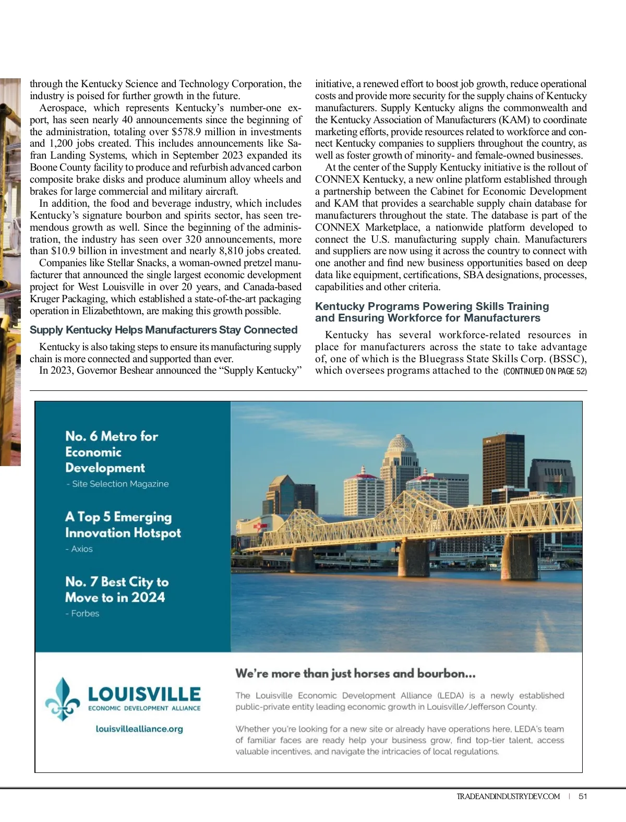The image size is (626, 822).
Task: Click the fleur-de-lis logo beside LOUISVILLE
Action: pyautogui.click(x=63, y=699)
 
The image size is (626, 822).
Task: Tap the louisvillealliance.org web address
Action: pyautogui.click(x=139, y=729)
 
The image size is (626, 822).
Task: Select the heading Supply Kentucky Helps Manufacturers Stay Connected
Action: pyautogui.click(x=163, y=330)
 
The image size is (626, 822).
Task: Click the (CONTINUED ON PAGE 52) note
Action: pyautogui.click(x=545, y=371)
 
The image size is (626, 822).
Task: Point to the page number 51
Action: pyautogui.click(x=583, y=796)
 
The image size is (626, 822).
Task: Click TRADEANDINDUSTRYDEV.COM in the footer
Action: pyautogui.click(x=508, y=796)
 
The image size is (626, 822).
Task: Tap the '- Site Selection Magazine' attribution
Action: pyautogui.click(x=118, y=484)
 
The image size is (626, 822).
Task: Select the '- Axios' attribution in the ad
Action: pyautogui.click(x=79, y=549)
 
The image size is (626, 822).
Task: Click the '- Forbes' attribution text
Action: pyautogui.click(x=82, y=614)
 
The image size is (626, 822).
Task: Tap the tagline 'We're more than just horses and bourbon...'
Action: pyautogui.click(x=355, y=673)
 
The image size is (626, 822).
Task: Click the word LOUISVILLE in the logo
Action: pyautogui.click(x=145, y=694)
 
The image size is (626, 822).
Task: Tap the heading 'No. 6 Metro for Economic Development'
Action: pyautogui.click(x=112, y=452)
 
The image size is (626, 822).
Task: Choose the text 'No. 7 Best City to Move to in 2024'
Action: pyautogui.click(x=117, y=589)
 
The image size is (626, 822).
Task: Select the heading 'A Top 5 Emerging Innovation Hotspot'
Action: pyautogui.click(x=123, y=525)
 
